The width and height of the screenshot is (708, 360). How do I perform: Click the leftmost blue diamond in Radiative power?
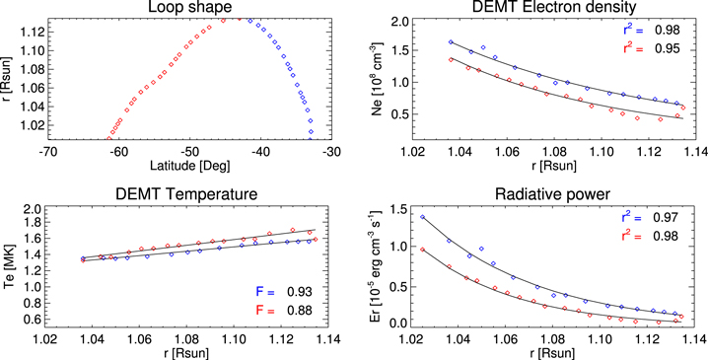pos(422,217)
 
